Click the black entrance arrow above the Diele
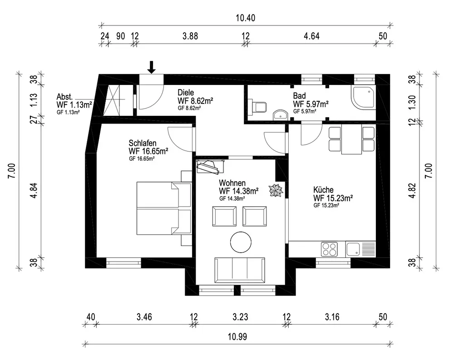tap(152, 67)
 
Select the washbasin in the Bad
tap(280, 115)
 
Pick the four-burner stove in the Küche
tap(330, 249)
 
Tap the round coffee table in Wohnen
tap(241, 242)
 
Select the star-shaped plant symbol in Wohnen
tap(276, 190)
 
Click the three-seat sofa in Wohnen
tap(240, 270)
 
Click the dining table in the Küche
tap(351, 139)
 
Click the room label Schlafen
tap(143, 143)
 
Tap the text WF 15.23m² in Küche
tap(333, 198)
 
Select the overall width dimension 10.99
tap(237, 337)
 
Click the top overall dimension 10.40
tap(246, 18)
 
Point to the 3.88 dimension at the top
tap(190, 36)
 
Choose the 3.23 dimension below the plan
tap(240, 317)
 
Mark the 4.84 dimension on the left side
tap(34, 190)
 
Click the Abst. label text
tap(64, 96)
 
